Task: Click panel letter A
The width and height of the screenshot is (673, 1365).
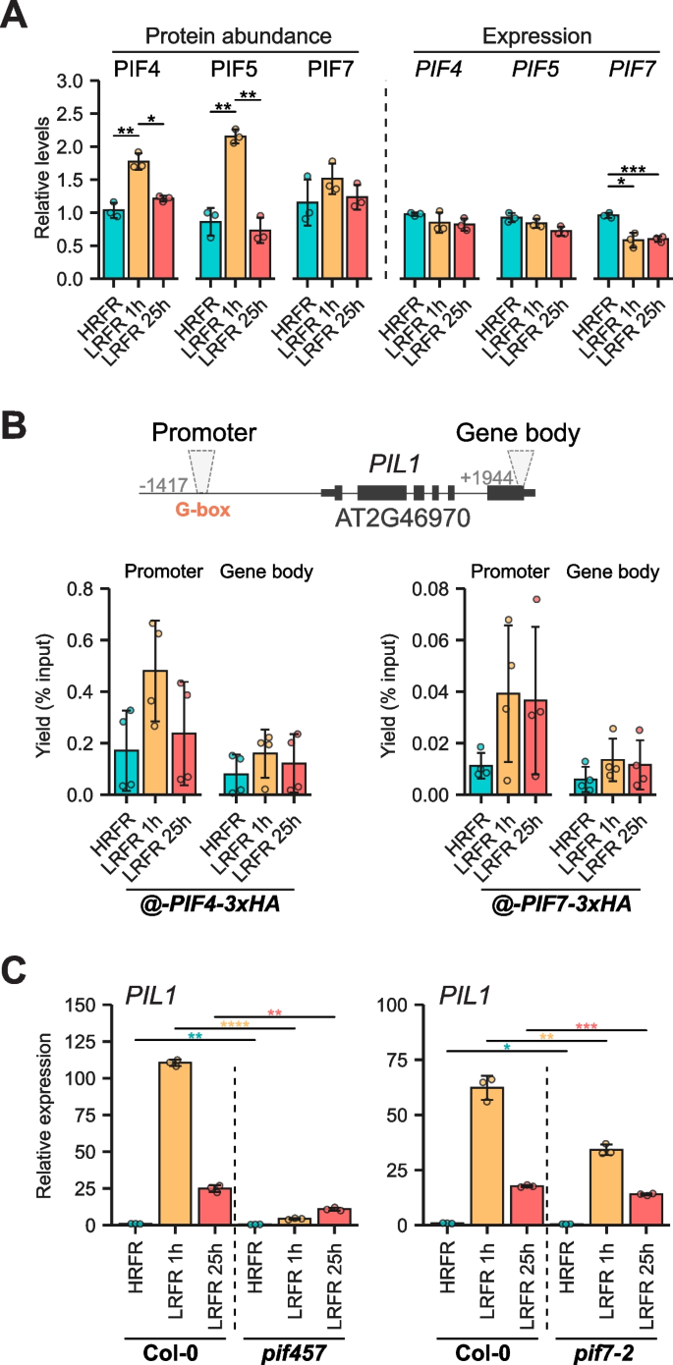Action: (16, 17)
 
